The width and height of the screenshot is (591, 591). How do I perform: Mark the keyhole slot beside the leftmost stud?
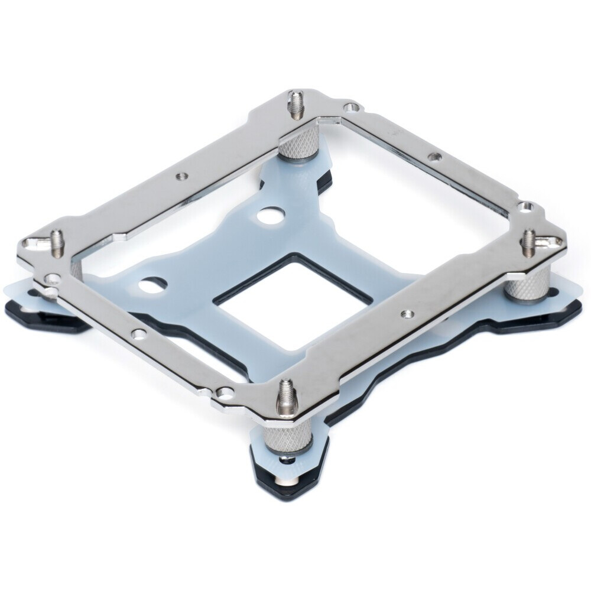pos(35,242)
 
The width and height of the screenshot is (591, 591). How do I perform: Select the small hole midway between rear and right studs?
pos(436,157)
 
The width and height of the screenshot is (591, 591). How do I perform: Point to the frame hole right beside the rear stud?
pos(353,108)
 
